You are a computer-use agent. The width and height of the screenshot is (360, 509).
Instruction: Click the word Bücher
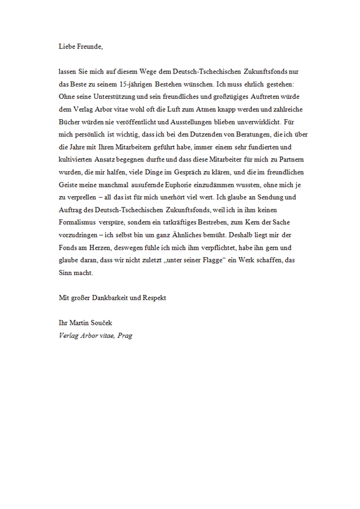click(70, 121)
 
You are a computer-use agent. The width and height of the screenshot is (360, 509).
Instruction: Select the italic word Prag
click(124, 335)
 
